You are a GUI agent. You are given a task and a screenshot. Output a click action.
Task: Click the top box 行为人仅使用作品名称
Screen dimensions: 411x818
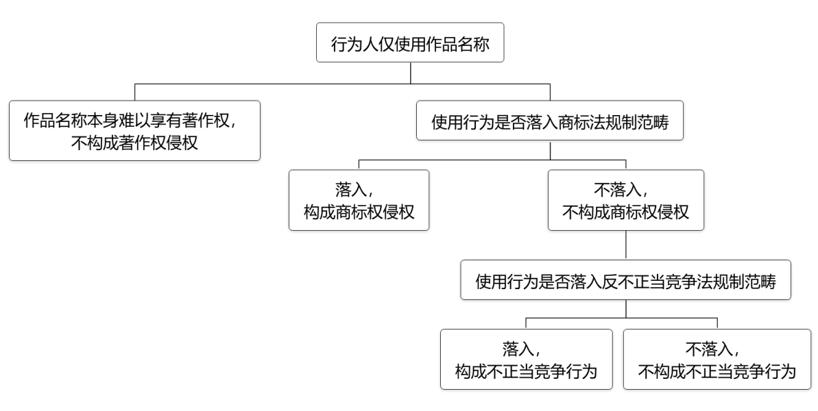(x=409, y=42)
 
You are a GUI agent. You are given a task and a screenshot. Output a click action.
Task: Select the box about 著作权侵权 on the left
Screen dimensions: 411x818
(x=134, y=131)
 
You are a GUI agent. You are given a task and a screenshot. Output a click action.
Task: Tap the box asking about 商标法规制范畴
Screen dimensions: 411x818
(x=550, y=122)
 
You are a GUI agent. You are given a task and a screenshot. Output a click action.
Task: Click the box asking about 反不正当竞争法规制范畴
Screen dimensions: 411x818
(x=625, y=281)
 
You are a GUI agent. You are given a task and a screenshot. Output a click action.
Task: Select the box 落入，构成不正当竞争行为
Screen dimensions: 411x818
(x=526, y=360)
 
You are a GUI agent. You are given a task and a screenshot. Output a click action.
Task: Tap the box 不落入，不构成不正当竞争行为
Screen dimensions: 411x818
(x=717, y=360)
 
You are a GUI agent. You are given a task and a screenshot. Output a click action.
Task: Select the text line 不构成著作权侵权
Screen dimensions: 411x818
(x=134, y=143)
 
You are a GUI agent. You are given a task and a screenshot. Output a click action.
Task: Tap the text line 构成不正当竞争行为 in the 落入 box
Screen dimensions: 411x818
(x=526, y=372)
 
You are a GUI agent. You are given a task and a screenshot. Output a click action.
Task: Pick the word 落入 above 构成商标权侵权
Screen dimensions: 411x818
(x=352, y=188)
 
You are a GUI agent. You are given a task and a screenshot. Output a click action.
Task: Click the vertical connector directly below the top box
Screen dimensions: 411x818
(x=410, y=74)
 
